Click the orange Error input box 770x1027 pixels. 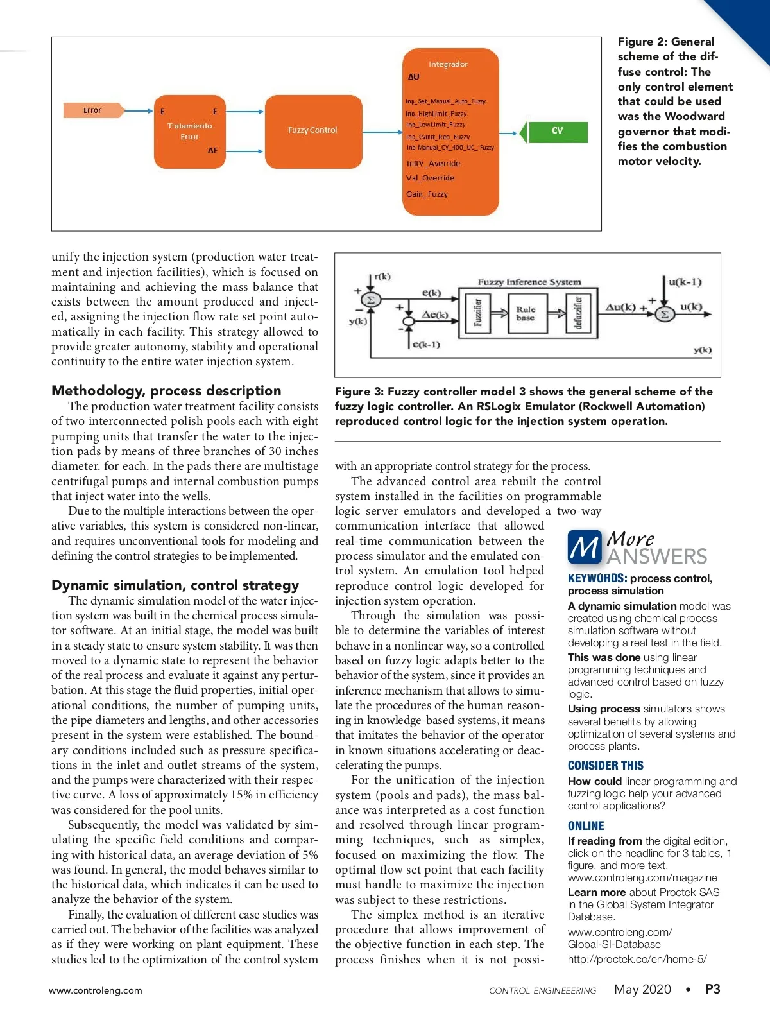tap(93, 110)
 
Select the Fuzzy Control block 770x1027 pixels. tap(313, 131)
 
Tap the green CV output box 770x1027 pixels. tap(556, 131)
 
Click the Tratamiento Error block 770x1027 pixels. tap(189, 131)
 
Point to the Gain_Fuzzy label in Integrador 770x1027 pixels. tap(427, 194)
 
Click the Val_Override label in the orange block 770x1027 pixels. tap(430, 178)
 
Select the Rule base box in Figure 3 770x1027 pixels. tap(526, 313)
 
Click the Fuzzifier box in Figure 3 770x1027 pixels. tap(478, 313)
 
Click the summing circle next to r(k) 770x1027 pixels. tap(370, 300)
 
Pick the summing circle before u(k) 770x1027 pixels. tap(665, 314)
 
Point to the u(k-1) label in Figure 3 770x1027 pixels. tap(685, 282)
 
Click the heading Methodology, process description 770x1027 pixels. tap(166, 391)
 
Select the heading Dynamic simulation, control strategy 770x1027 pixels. tap(175, 585)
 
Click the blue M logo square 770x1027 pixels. tap(585, 547)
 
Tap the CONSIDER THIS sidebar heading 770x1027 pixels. tap(605, 765)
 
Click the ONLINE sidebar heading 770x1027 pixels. tap(586, 825)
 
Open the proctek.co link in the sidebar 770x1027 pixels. tap(637, 959)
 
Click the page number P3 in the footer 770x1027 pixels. tap(712, 989)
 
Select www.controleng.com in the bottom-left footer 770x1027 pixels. tap(96, 990)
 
